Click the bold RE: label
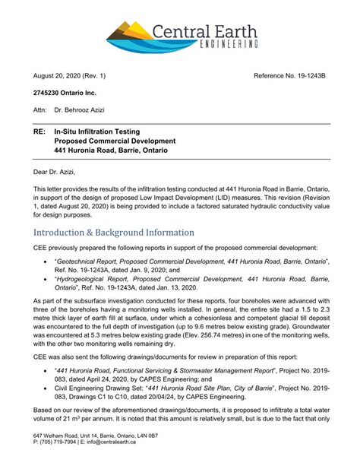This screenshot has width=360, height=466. point(39,132)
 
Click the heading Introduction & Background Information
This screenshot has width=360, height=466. point(113,232)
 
